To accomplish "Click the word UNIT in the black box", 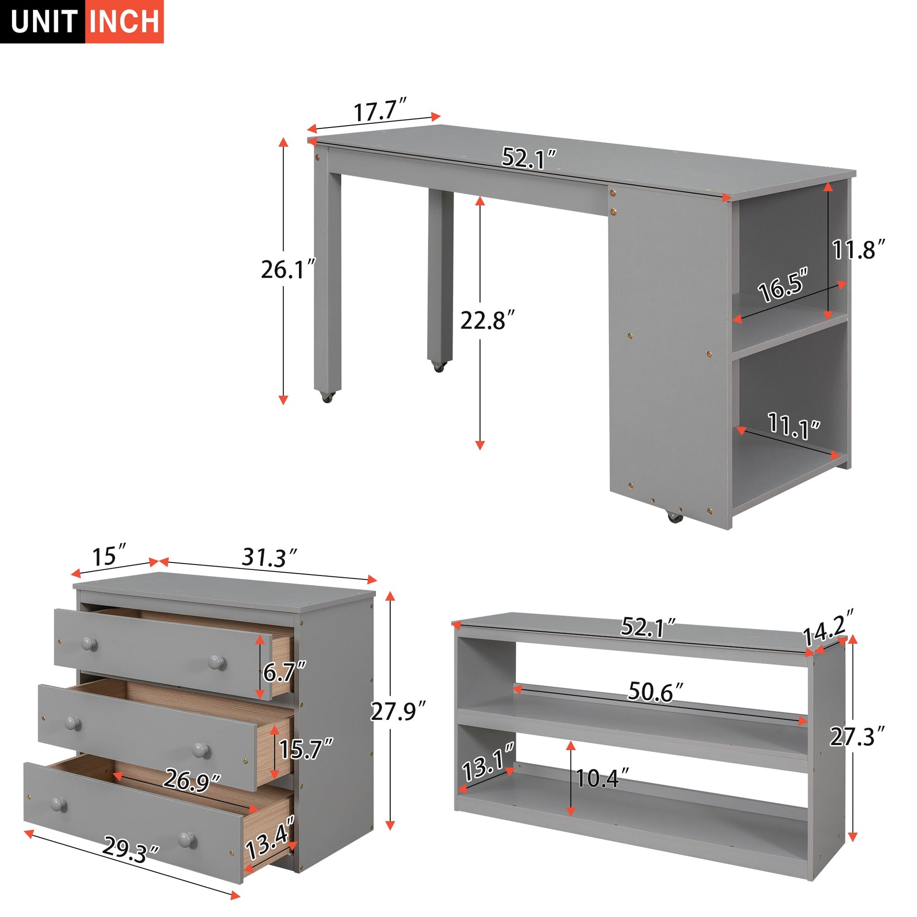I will click(43, 22).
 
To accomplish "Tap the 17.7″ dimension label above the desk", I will click(380, 111).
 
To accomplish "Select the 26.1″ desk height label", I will click(288, 269).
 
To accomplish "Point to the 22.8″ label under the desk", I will click(487, 320).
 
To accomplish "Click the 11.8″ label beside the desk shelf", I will click(858, 249).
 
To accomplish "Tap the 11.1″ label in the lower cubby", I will click(793, 425).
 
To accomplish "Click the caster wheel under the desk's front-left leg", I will click(327, 397).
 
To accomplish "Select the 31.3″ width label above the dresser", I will click(269, 557).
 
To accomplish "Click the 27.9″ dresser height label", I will click(397, 712).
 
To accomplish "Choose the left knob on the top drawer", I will click(88, 643).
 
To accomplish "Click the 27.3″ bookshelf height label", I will click(857, 736).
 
